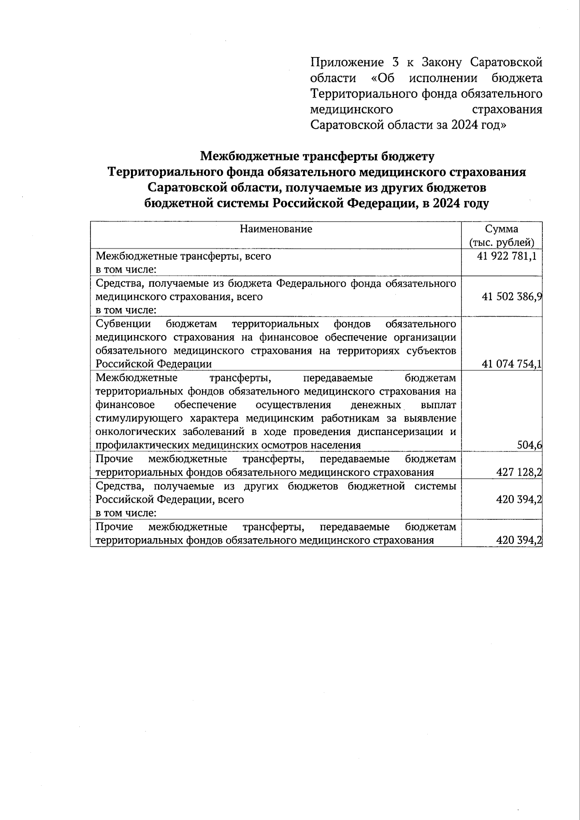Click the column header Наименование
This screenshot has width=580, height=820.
(x=276, y=229)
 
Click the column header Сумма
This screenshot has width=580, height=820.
(x=502, y=229)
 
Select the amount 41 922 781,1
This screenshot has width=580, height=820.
(x=507, y=256)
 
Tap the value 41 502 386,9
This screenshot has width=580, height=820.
(x=511, y=297)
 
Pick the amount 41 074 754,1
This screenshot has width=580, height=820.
(x=511, y=364)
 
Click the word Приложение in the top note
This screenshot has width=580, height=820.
(x=344, y=62)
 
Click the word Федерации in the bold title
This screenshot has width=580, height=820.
(x=385, y=204)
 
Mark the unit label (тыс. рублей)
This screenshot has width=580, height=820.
(x=502, y=243)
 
